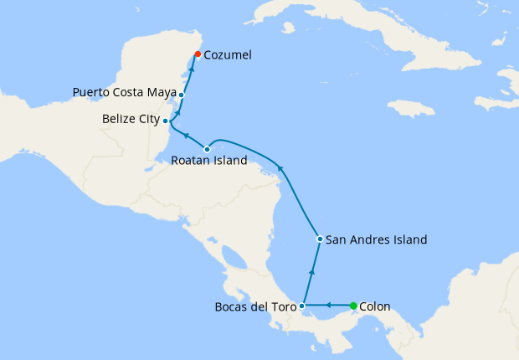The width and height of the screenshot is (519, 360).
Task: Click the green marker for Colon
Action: click(353, 306)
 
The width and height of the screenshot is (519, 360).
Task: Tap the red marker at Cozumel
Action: click(198, 54)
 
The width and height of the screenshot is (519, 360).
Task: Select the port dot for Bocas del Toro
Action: click(302, 306)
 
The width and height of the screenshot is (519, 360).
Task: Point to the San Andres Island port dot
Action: click(320, 239)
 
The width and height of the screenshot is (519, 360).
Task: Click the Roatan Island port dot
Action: click(208, 149)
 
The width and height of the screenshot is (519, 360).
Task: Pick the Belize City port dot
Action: click(166, 121)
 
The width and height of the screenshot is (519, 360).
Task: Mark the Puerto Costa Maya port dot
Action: click(181, 95)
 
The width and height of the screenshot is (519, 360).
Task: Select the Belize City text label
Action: click(131, 120)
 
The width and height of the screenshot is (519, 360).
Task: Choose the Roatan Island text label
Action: click(208, 161)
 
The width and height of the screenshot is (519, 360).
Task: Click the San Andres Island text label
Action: click(376, 239)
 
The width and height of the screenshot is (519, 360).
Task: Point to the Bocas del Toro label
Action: click(254, 306)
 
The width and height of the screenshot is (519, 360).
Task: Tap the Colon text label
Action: click(374, 306)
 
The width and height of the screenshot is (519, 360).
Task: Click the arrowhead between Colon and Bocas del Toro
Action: click(328, 306)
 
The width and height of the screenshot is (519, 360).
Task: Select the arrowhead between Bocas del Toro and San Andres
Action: click(311, 271)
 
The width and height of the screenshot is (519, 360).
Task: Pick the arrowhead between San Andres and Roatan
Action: click(281, 170)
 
